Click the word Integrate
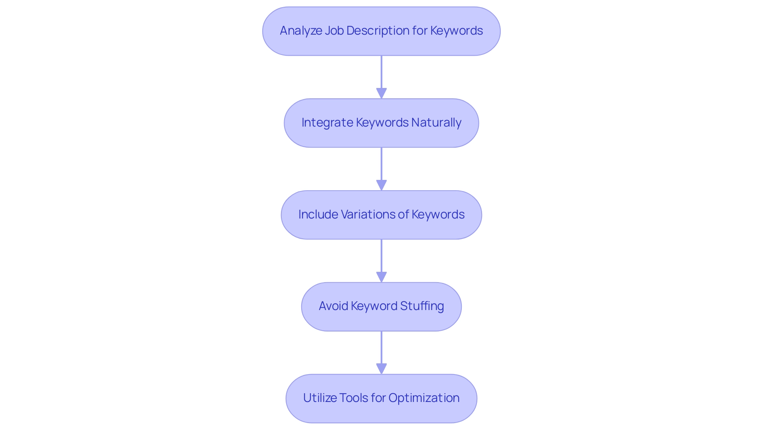tap(327, 123)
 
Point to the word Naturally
tap(436, 123)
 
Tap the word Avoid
tap(333, 306)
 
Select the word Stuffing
tap(422, 306)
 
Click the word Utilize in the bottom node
tap(318, 398)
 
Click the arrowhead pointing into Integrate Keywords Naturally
tap(381, 94)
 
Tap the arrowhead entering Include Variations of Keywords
tap(381, 185)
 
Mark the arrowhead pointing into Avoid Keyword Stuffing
tap(381, 277)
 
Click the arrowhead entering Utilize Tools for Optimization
tap(381, 369)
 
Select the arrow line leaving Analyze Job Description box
tap(381, 72)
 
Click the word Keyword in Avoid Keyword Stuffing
tap(374, 306)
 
